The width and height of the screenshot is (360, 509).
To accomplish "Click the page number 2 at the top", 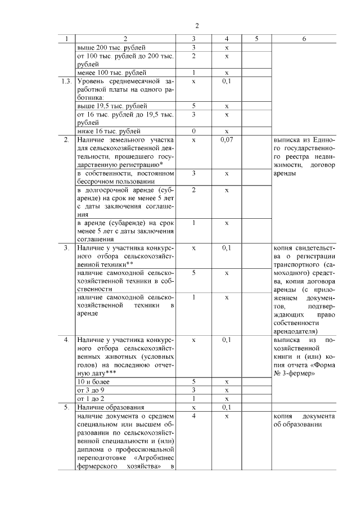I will click(197, 26).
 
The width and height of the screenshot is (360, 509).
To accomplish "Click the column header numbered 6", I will click(304, 39).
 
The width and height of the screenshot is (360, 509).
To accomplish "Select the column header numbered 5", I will click(256, 39).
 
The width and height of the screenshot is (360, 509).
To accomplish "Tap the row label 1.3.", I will click(66, 81).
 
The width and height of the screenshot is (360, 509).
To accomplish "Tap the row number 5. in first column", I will click(66, 407).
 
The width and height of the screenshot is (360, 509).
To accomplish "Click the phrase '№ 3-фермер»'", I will click(294, 373).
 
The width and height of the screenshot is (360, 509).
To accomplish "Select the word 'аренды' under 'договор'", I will click(286, 173).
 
